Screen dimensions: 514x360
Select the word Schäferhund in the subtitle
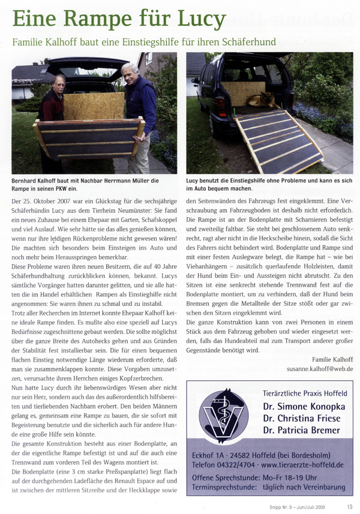pos(248,43)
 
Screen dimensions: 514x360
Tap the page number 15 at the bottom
pos(349,506)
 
